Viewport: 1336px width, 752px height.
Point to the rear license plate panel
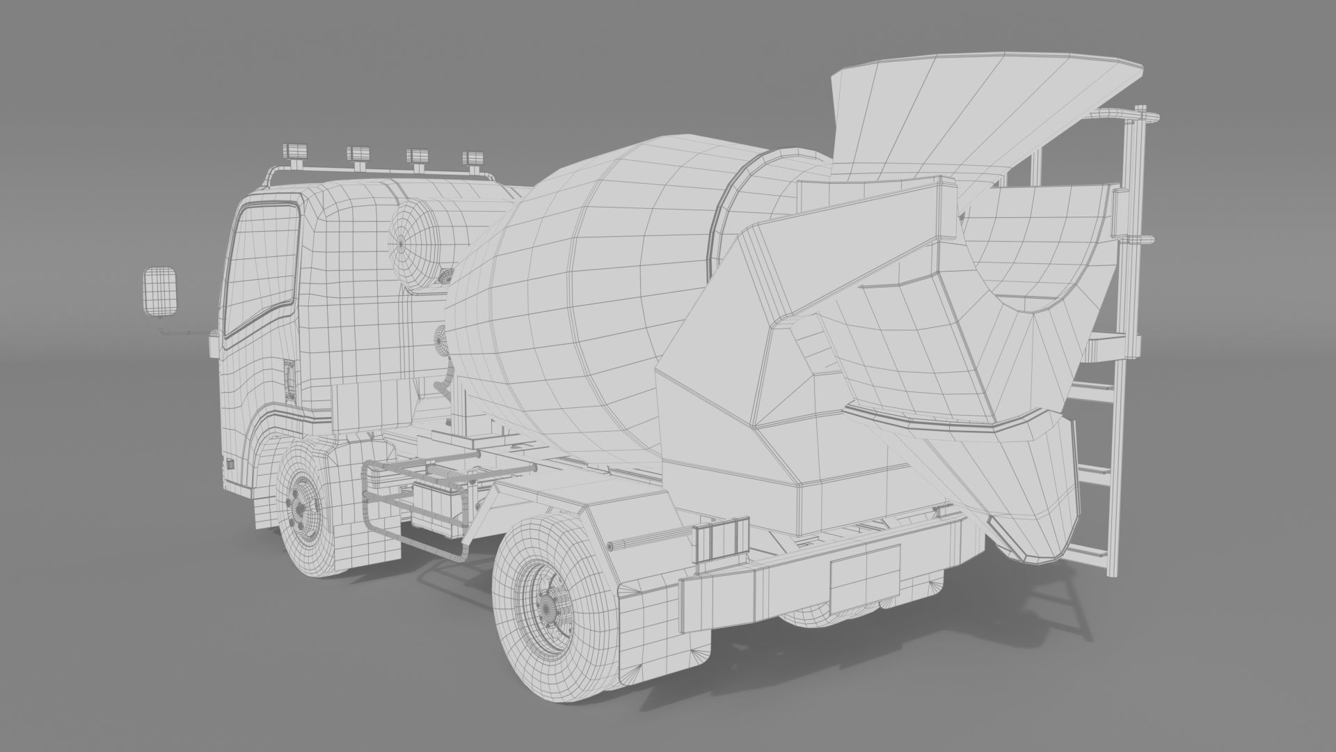pos(864,577)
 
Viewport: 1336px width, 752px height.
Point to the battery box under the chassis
pos(437,503)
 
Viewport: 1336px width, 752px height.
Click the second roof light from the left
pos(360,156)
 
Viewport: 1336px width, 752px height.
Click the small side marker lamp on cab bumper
pos(229,463)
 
